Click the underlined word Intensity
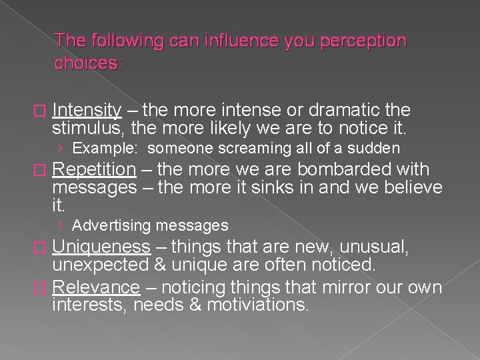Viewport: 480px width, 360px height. tap(86, 110)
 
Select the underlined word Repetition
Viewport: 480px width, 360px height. tap(93, 170)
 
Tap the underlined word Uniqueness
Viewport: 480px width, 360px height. tap(101, 247)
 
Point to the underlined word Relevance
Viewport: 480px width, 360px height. tap(95, 288)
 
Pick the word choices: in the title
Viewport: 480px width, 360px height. tap(89, 65)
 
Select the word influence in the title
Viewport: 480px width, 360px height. tap(245, 41)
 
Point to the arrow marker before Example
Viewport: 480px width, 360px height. tap(61, 148)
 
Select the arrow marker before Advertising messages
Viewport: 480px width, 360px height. tap(61, 226)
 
